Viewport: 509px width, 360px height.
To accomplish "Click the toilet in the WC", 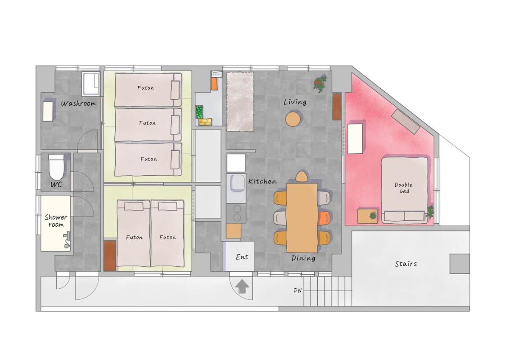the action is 56,167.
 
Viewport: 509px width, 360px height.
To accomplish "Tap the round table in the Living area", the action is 294,119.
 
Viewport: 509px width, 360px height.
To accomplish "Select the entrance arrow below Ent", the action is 242,287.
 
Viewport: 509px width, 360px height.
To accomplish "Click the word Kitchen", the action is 263,181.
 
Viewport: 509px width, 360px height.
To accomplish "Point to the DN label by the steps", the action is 298,290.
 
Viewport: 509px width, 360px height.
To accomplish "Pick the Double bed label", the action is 403,188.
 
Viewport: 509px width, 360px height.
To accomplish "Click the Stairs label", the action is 406,264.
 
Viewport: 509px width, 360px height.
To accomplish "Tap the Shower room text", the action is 56,221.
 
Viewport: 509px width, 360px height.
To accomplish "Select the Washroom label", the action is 78,104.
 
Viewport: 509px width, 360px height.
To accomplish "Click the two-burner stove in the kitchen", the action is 236,214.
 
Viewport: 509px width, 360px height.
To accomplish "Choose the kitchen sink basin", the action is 238,183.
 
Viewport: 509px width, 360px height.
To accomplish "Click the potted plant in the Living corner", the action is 320,84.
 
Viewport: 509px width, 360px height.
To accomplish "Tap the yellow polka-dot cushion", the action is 205,122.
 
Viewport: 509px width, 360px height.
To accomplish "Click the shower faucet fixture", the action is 67,240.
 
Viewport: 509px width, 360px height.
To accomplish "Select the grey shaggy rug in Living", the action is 240,101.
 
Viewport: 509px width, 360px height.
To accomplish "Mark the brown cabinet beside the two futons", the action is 110,256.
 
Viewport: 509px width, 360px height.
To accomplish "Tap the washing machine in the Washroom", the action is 91,84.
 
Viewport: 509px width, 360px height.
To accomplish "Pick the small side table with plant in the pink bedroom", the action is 367,216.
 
